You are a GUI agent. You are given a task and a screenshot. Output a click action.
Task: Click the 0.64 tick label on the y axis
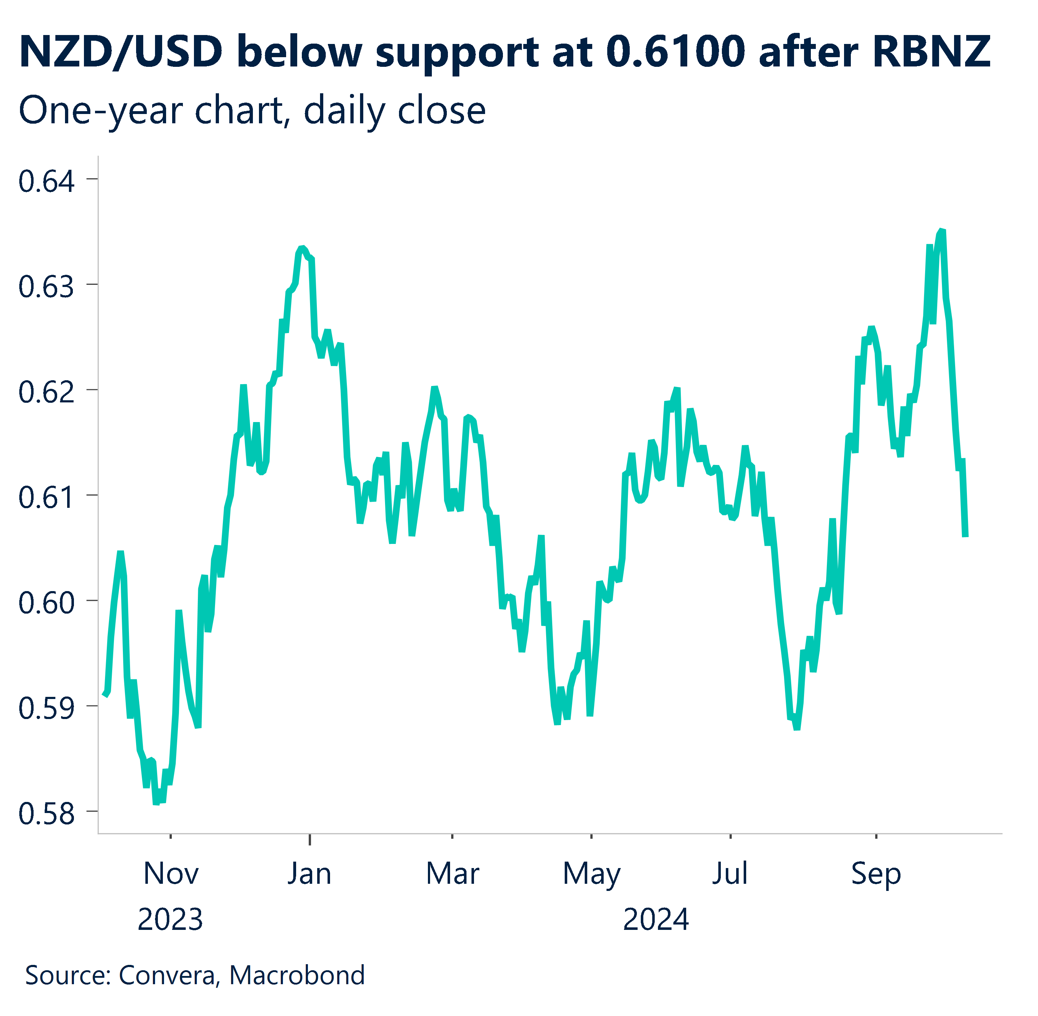click(x=46, y=182)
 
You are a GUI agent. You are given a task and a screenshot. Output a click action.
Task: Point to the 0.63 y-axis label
click(x=46, y=287)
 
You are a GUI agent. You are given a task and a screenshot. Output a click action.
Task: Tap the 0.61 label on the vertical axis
click(x=46, y=498)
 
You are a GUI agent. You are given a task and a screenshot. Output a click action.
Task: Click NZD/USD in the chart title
click(x=120, y=52)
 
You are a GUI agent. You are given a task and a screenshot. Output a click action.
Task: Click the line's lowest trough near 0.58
click(x=156, y=802)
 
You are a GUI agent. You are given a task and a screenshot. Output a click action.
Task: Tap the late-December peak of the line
click(x=302, y=248)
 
